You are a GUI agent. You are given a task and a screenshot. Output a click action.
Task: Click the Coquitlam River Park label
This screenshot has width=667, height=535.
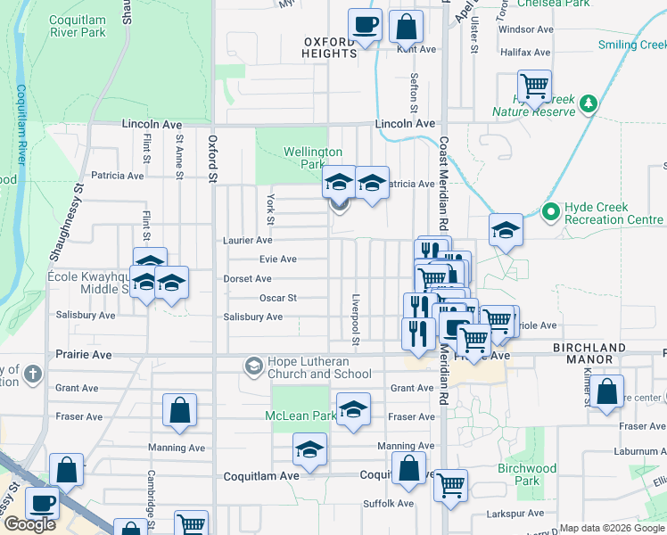(x=79, y=27)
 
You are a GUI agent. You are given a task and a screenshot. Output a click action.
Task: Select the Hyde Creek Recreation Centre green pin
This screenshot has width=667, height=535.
(x=550, y=212)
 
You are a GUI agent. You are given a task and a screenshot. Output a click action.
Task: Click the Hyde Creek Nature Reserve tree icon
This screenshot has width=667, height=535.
(x=588, y=105)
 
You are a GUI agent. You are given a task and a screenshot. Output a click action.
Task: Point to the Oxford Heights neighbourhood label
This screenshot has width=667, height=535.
(x=329, y=47)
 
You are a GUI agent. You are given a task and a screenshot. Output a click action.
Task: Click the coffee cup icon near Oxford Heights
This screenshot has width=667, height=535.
(x=366, y=25)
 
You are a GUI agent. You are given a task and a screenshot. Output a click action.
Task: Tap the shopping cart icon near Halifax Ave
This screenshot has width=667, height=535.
(x=534, y=86)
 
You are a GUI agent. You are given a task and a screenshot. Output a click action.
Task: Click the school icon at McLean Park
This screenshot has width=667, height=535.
(x=354, y=409)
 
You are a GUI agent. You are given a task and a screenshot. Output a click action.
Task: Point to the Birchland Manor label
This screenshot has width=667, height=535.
(x=583, y=353)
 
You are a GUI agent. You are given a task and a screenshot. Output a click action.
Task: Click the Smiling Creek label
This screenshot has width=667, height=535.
(x=630, y=45)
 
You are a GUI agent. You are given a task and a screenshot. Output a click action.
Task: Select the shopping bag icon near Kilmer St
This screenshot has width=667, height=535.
(x=606, y=391)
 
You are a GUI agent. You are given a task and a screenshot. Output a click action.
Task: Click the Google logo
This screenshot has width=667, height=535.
(x=29, y=524)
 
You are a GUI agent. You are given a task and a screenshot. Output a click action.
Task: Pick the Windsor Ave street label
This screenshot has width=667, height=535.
(x=524, y=29)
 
